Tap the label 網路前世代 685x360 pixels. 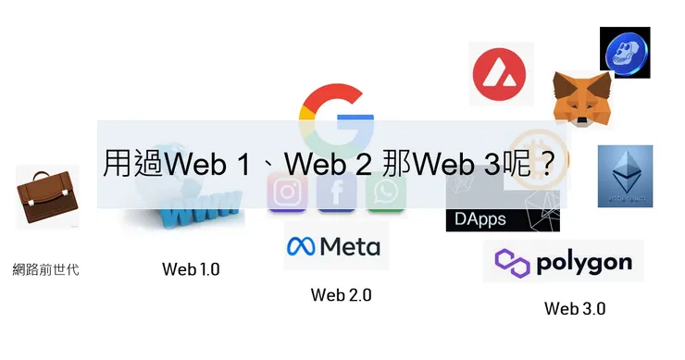point(46,270)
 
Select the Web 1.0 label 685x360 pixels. point(191,269)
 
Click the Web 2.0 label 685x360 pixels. point(341,295)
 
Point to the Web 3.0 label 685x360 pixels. point(574,308)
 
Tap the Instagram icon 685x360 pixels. point(288,192)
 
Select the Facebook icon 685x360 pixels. point(337,192)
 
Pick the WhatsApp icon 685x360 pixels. point(386,192)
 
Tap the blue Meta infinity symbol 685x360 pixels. point(301,246)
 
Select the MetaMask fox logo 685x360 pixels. point(581,100)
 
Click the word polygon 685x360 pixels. point(585,261)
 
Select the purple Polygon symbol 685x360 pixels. point(512,262)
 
